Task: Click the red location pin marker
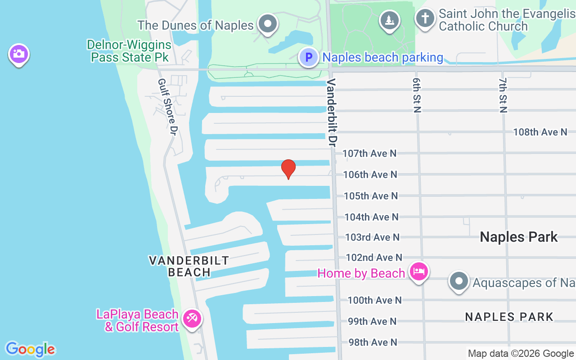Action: click(x=288, y=169)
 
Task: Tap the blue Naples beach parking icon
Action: click(x=309, y=58)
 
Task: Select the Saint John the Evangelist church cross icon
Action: click(x=425, y=19)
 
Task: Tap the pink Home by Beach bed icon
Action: click(x=419, y=271)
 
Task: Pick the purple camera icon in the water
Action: click(x=18, y=54)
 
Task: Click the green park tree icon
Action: click(x=390, y=20)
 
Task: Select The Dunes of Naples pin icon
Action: click(x=269, y=23)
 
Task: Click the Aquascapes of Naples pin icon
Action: click(x=459, y=281)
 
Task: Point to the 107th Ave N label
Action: click(x=369, y=153)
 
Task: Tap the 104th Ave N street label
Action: click(x=371, y=217)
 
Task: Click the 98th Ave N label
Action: click(x=373, y=342)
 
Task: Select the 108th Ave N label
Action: click(x=540, y=132)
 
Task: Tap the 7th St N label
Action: click(x=503, y=95)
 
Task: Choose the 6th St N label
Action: click(x=416, y=95)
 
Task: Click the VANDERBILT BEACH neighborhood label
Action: click(x=189, y=266)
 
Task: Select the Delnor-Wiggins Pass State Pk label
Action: click(x=129, y=51)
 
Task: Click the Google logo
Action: click(x=30, y=349)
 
